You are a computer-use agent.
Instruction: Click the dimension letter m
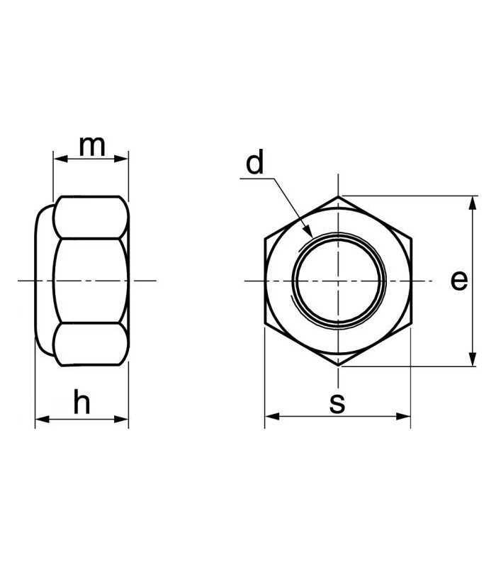[92, 147]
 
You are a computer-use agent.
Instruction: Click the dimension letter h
[81, 401]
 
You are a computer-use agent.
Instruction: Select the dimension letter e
[459, 281]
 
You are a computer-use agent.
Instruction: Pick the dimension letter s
[337, 403]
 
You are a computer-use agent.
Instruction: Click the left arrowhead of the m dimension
[60, 158]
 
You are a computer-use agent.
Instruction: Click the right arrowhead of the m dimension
[121, 158]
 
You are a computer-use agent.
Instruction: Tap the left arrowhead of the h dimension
[43, 419]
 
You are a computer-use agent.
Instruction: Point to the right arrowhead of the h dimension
[121, 419]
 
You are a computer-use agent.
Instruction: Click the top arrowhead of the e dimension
[472, 203]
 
